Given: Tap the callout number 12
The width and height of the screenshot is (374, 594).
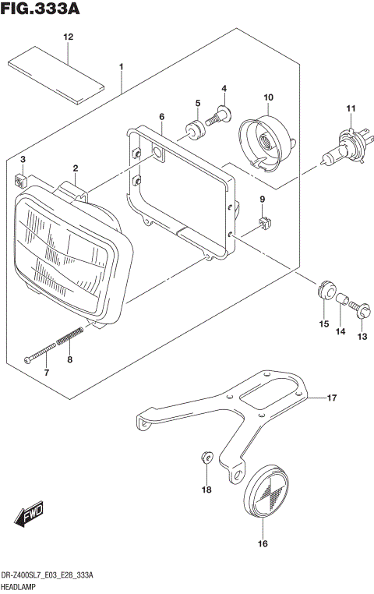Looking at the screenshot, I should tap(68, 37).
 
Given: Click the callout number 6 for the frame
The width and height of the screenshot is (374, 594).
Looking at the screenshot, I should tap(161, 116).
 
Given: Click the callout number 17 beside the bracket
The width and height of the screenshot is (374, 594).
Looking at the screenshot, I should tap(331, 398).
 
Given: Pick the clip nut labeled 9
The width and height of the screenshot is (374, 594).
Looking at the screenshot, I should tap(263, 224).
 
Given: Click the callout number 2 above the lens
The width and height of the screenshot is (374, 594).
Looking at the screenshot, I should tap(76, 168).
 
